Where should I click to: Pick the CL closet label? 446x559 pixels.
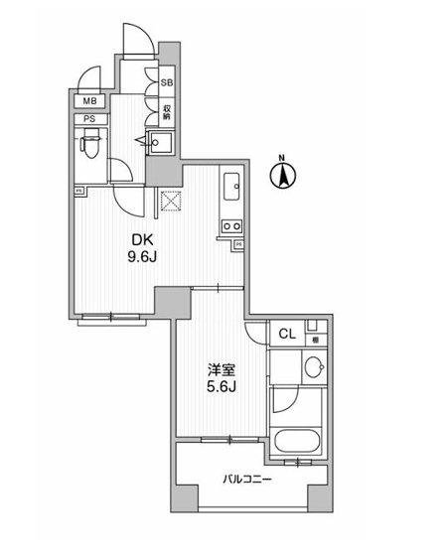coord(284,335)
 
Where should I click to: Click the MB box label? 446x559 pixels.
coord(89,101)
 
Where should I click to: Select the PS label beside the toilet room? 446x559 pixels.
coord(89,121)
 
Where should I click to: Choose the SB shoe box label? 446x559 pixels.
coord(168,83)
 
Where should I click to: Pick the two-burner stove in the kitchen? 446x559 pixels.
coord(232,227)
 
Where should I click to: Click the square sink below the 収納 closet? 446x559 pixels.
coord(161,145)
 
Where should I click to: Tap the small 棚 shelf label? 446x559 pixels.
coord(315,340)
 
